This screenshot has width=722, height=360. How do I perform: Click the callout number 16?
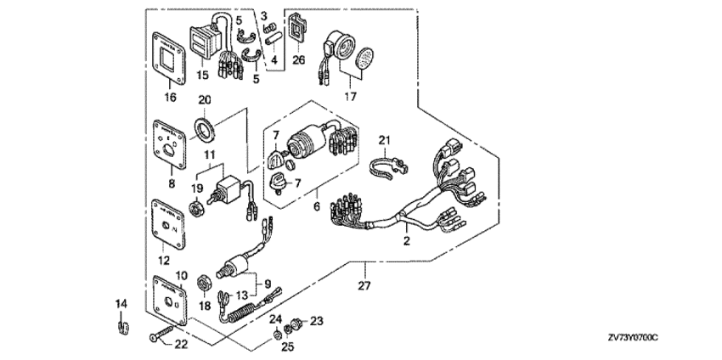(169, 98)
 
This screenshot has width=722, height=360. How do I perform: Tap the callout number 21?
(384, 140)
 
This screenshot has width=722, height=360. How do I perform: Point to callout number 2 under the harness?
(407, 242)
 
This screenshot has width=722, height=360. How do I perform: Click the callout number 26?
(298, 60)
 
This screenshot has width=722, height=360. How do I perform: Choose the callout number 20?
(205, 99)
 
